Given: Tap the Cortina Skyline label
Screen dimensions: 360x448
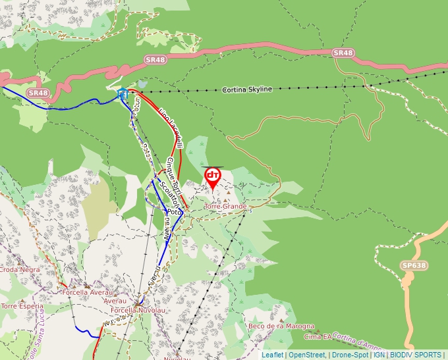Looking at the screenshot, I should pyautogui.click(x=247, y=89).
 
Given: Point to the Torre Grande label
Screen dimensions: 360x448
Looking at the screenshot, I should pyautogui.click(x=226, y=206).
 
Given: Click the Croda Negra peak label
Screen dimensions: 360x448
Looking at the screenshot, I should pyautogui.click(x=19, y=269).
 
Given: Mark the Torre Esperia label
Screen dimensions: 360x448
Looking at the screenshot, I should pyautogui.click(x=22, y=306).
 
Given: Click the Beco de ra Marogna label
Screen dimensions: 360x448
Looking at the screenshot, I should pyautogui.click(x=277, y=326).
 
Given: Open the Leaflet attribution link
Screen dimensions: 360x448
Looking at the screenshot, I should pyautogui.click(x=272, y=354).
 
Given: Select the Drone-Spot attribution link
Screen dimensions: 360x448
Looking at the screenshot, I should pyautogui.click(x=350, y=354).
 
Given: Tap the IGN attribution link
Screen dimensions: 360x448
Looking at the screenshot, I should pyautogui.click(x=379, y=354).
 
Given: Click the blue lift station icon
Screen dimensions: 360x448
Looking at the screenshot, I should pyautogui.click(x=122, y=93).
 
